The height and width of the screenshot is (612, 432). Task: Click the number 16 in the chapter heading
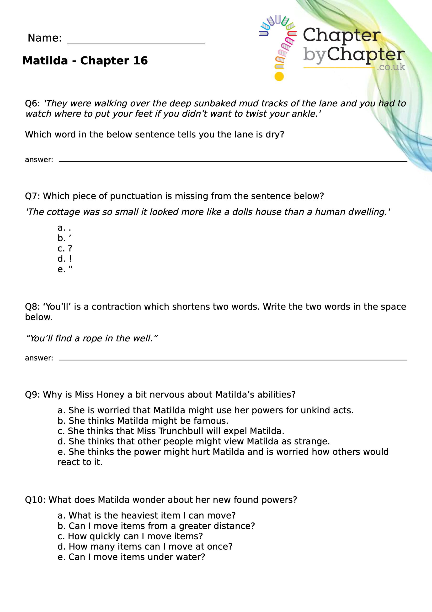tap(140, 61)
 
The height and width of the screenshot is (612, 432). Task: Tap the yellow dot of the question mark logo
tap(279, 76)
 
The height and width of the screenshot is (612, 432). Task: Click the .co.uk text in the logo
tap(391, 67)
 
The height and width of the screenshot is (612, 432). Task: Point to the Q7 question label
tap(32, 196)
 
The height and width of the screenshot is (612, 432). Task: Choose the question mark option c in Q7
tap(70, 248)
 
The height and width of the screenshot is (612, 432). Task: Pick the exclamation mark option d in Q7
tap(70, 259)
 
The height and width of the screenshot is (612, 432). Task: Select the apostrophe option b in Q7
tap(70, 237)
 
